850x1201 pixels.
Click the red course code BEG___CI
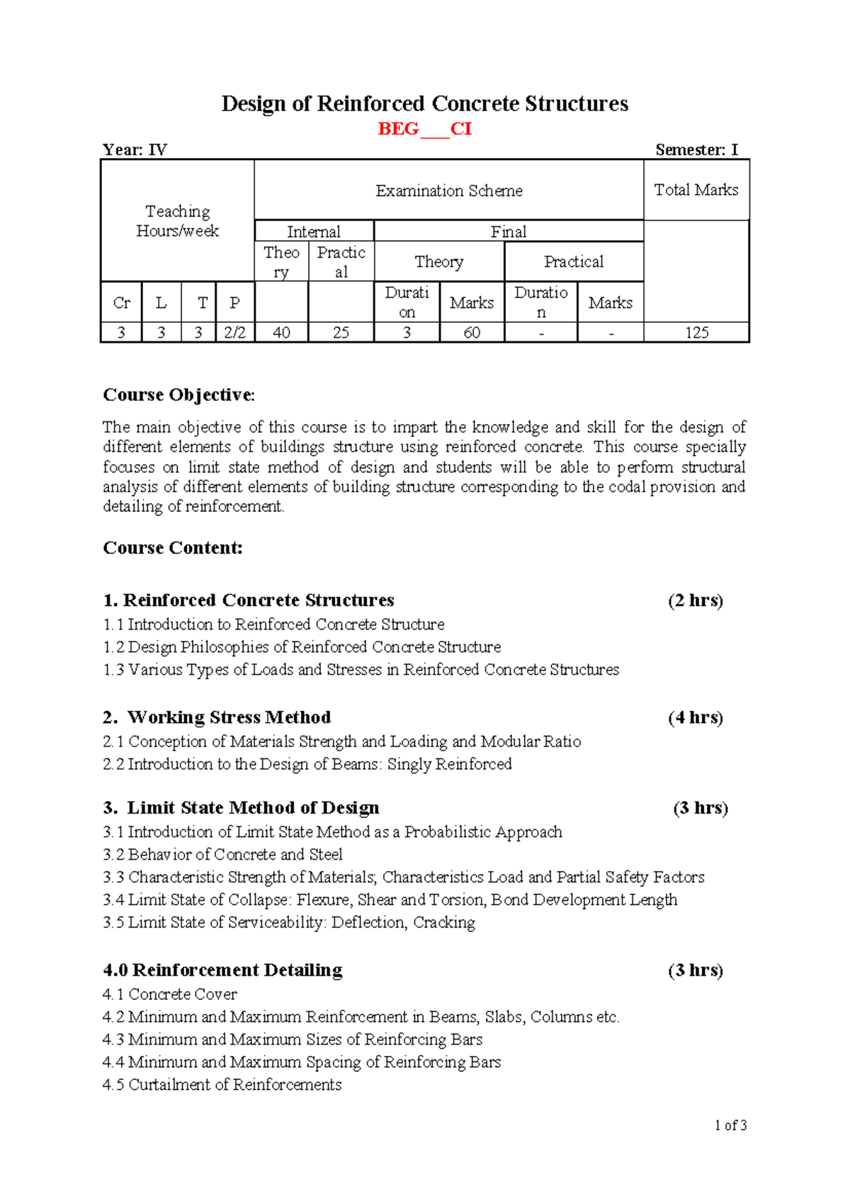[424, 129]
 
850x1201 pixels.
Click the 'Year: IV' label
[135, 150]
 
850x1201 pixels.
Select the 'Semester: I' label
[696, 150]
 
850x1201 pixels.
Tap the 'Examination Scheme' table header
[449, 190]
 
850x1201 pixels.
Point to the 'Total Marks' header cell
[696, 190]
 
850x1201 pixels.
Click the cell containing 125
[696, 333]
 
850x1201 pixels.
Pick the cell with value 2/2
[234, 333]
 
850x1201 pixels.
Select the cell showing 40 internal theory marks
[281, 333]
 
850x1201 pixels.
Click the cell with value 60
[472, 333]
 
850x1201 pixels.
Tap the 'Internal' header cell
[314, 232]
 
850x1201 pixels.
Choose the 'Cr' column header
[121, 303]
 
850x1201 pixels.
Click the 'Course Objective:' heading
[178, 395]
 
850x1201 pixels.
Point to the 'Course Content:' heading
[173, 548]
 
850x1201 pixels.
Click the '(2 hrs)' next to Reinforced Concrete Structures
[695, 600]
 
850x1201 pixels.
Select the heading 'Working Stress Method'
[229, 717]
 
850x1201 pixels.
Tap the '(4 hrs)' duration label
[695, 717]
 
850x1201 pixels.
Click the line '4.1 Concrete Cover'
[170, 994]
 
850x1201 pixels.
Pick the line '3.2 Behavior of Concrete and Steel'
[222, 855]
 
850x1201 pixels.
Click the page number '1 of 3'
[731, 1125]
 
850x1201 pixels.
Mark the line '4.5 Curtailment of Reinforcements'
[222, 1085]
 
